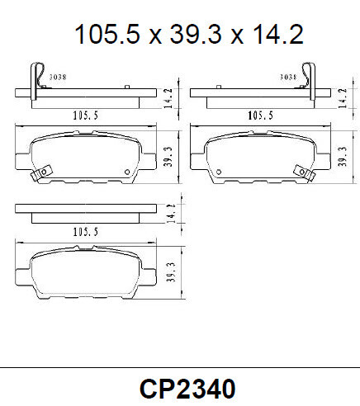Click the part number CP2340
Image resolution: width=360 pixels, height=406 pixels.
[x=188, y=387]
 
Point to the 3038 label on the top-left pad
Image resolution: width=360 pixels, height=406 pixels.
[x=59, y=77]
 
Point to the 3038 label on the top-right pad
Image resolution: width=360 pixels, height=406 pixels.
[x=288, y=77]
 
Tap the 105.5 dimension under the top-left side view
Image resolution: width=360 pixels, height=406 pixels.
[x=83, y=116]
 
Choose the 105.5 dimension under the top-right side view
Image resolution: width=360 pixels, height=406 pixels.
[x=261, y=116]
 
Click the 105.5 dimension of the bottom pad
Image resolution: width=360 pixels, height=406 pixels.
[x=83, y=233]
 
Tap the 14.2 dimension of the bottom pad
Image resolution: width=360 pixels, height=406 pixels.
[x=169, y=213]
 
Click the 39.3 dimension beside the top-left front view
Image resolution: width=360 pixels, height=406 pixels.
[x=169, y=154]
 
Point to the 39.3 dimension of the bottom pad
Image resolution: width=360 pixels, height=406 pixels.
[x=169, y=272]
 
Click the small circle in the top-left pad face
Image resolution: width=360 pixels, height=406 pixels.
[x=126, y=172]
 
